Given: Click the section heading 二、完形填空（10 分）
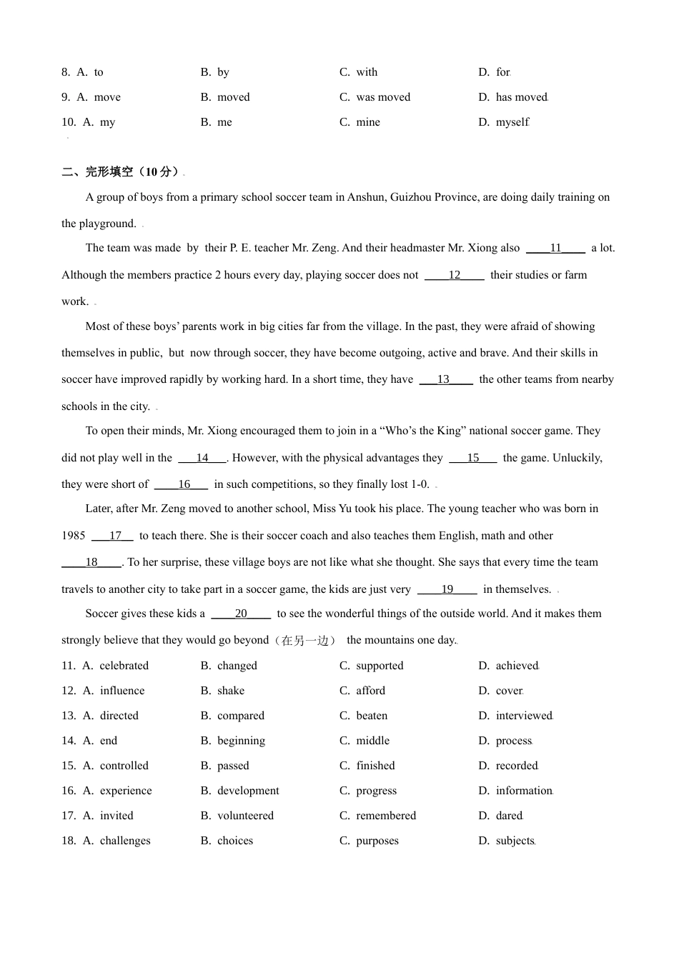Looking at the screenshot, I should click(x=121, y=171).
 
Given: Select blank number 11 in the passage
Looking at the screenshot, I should click(x=555, y=248).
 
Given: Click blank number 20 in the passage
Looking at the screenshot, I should click(x=241, y=614).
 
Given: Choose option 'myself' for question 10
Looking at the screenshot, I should click(x=512, y=122).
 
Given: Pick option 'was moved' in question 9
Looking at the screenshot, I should click(x=383, y=97).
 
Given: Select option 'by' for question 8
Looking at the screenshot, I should click(x=223, y=72).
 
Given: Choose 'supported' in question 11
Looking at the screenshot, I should click(x=380, y=666).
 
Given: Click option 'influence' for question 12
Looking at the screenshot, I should click(x=122, y=691).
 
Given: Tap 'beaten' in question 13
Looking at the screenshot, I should click(x=372, y=716).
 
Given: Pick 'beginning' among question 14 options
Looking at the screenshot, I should click(x=241, y=741).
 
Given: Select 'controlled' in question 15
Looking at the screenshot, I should click(x=124, y=766).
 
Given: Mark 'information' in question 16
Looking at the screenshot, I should click(x=524, y=791).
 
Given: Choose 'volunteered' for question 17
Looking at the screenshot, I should click(x=245, y=816).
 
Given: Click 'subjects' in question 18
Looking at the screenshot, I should click(x=515, y=841).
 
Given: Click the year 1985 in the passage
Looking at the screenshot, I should click(x=74, y=536).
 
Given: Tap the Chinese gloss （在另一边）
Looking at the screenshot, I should click(x=305, y=641).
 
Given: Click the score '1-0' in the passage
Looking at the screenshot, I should click(x=420, y=484).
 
